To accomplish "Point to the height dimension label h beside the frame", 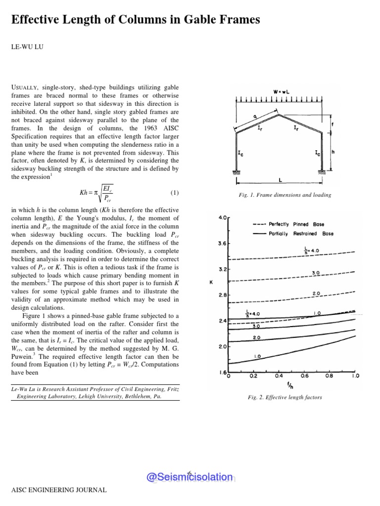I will pos(333,152).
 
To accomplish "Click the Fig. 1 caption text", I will pos(285,195).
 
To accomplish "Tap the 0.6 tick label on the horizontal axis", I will pos(304,376).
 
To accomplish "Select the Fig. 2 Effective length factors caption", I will pos(285,397).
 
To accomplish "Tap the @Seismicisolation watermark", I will pos(189,477).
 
